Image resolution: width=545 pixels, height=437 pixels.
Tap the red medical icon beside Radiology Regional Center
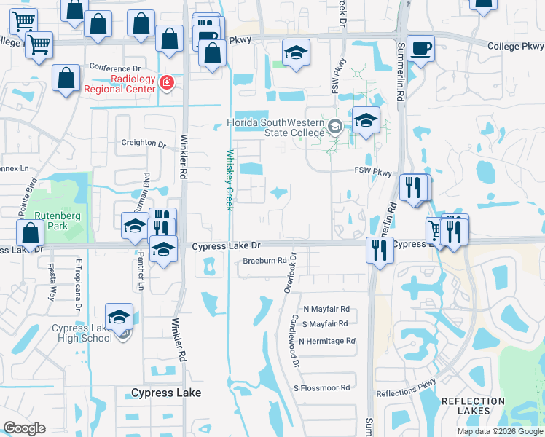pos(167,84)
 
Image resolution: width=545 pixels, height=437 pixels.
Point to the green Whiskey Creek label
pos(229,180)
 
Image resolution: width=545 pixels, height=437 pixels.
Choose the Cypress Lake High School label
pos(82,333)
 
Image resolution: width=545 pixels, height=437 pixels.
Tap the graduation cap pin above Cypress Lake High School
pos(119,317)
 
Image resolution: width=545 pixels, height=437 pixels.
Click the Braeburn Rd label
pos(264,260)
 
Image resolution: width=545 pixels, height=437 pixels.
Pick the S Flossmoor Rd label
pos(322,387)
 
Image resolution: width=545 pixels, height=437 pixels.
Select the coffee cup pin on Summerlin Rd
pos(420,50)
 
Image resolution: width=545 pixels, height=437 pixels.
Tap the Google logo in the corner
pos(24,428)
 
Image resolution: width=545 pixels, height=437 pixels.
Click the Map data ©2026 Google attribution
pos(500,431)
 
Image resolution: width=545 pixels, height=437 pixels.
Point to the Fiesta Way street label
pos(52,281)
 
